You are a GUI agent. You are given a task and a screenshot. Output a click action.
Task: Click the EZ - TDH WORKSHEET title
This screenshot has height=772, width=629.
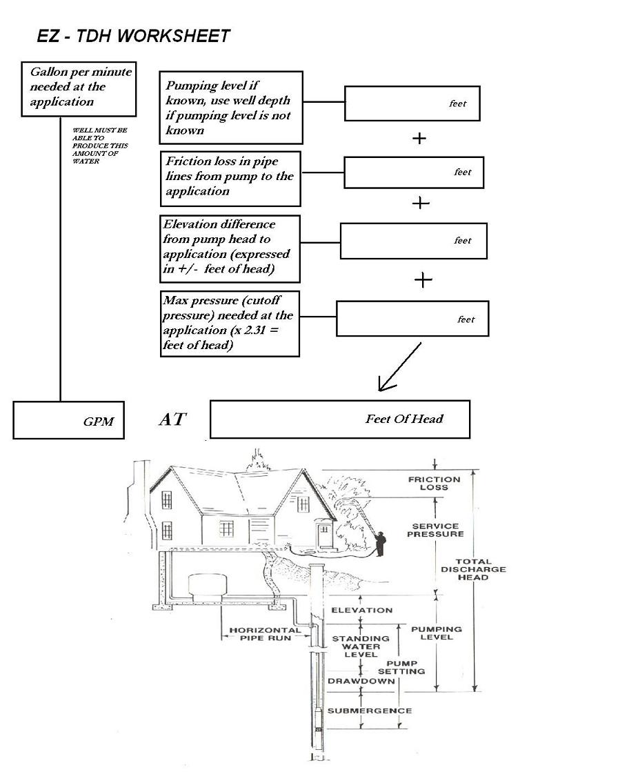[x=133, y=36]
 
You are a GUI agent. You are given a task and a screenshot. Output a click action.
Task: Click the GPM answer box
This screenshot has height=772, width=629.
[x=68, y=420]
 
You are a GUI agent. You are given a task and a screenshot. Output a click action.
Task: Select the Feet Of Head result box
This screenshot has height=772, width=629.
[x=340, y=419]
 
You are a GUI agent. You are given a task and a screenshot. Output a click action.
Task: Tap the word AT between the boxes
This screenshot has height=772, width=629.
[x=172, y=419]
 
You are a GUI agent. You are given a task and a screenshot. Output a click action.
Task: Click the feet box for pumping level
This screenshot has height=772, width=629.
[x=412, y=103]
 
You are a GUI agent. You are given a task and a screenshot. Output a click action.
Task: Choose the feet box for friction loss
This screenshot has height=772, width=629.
[x=414, y=172]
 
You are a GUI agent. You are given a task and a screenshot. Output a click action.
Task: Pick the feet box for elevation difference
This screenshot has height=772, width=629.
[x=413, y=241]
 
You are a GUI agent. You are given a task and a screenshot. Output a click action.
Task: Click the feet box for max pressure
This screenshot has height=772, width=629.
[x=412, y=319]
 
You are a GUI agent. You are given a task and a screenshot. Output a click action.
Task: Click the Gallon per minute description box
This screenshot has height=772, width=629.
[x=79, y=89]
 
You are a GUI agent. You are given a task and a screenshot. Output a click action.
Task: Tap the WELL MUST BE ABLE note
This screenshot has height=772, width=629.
[x=100, y=146]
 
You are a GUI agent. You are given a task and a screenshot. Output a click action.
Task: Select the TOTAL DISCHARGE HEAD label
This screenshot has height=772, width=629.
[x=473, y=569]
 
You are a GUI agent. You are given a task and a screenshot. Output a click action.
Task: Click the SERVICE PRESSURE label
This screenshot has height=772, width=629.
[x=436, y=530]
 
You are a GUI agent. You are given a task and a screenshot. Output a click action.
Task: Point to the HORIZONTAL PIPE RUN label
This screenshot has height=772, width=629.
[x=266, y=633]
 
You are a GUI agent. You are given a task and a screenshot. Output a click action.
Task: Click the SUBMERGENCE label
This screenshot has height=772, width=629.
[x=370, y=711]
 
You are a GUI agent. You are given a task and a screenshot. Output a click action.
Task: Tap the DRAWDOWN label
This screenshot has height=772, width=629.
[x=361, y=681]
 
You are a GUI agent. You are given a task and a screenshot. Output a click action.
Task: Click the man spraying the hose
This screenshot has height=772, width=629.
[x=380, y=544]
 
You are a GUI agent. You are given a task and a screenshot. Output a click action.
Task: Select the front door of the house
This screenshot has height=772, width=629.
[x=324, y=536]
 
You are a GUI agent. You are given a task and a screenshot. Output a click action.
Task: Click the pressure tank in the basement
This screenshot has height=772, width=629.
[x=207, y=587]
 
